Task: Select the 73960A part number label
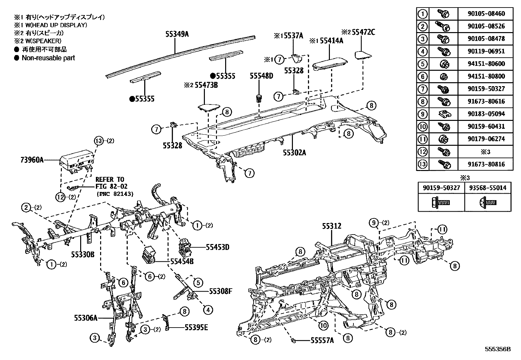31,160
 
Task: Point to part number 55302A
295,152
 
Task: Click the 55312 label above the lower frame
331,226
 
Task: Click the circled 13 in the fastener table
423,164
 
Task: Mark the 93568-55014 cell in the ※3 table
487,188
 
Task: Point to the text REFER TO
110,180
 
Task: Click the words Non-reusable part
48,58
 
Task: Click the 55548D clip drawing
259,98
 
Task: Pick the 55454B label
182,261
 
